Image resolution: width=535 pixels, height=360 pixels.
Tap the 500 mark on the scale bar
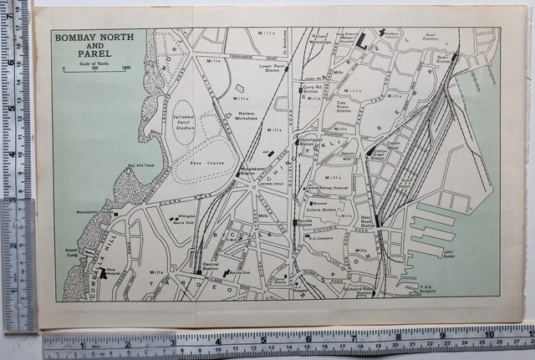94,68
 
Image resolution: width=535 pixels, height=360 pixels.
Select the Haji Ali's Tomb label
140,165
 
